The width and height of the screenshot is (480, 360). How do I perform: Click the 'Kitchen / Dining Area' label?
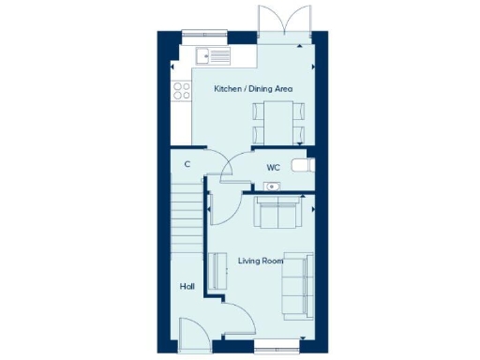pyautogui.click(x=253, y=88)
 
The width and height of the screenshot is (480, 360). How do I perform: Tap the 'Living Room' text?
pyautogui.click(x=260, y=261)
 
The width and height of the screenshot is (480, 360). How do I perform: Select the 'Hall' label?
pyautogui.click(x=187, y=287)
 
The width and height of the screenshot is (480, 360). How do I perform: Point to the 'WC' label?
pyautogui.click(x=273, y=167)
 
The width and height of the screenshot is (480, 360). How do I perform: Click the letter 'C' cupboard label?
pyautogui.click(x=187, y=164)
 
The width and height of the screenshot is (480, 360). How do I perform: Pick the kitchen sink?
pyautogui.click(x=214, y=55)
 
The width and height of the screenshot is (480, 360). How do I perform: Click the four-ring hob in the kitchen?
pyautogui.click(x=179, y=91)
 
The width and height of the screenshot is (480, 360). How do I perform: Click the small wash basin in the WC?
pyautogui.click(x=272, y=187)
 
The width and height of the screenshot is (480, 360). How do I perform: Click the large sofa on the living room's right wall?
pyautogui.click(x=299, y=283)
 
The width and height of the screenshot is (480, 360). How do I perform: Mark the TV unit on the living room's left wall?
pyautogui.click(x=221, y=271)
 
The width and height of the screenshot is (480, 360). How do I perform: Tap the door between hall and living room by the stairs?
pyautogui.click(x=222, y=208)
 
